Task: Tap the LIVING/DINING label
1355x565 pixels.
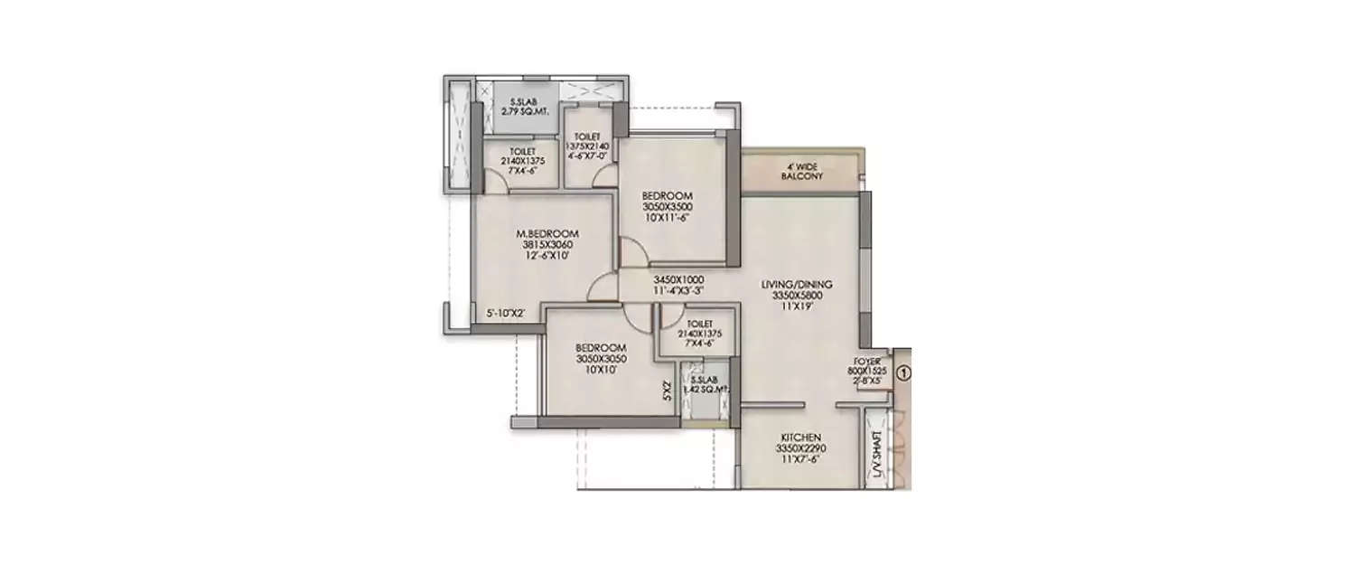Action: click(801, 284)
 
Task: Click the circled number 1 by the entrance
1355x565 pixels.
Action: click(903, 371)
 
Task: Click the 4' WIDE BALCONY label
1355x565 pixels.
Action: click(801, 172)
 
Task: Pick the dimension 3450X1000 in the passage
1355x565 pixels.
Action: click(678, 279)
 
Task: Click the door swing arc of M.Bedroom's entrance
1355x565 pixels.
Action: click(598, 289)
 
